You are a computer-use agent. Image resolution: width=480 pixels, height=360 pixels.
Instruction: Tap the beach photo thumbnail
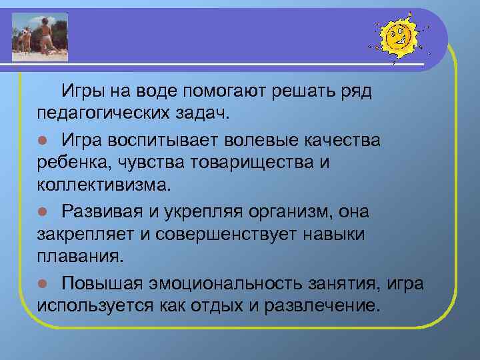click(x=41, y=33)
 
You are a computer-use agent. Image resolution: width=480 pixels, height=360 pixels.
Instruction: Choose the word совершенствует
click(x=226, y=233)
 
